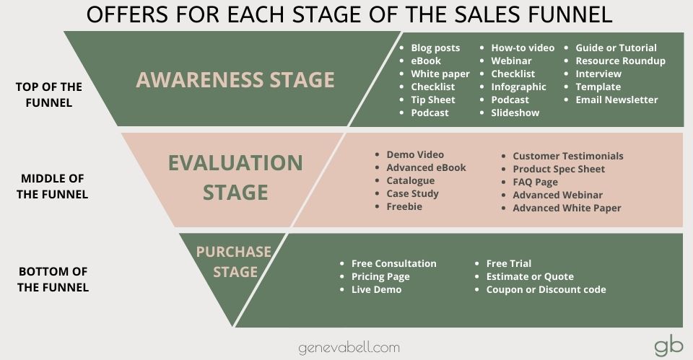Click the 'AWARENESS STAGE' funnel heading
point(235,79)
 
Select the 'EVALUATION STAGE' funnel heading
point(235,177)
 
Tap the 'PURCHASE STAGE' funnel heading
point(234,262)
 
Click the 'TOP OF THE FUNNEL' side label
point(49,95)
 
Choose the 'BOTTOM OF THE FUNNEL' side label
point(53,279)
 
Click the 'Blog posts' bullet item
point(435,48)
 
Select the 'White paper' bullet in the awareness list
point(440,74)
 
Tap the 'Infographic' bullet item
point(518,87)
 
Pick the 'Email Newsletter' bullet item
point(616,100)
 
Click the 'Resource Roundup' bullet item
point(620,61)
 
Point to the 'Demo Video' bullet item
point(415,154)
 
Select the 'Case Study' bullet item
point(412,193)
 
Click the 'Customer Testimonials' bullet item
point(567,156)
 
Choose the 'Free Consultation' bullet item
point(393,263)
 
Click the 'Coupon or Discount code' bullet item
point(546,289)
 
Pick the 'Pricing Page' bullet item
point(380,276)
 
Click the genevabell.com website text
point(349,348)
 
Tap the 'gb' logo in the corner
point(668,346)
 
